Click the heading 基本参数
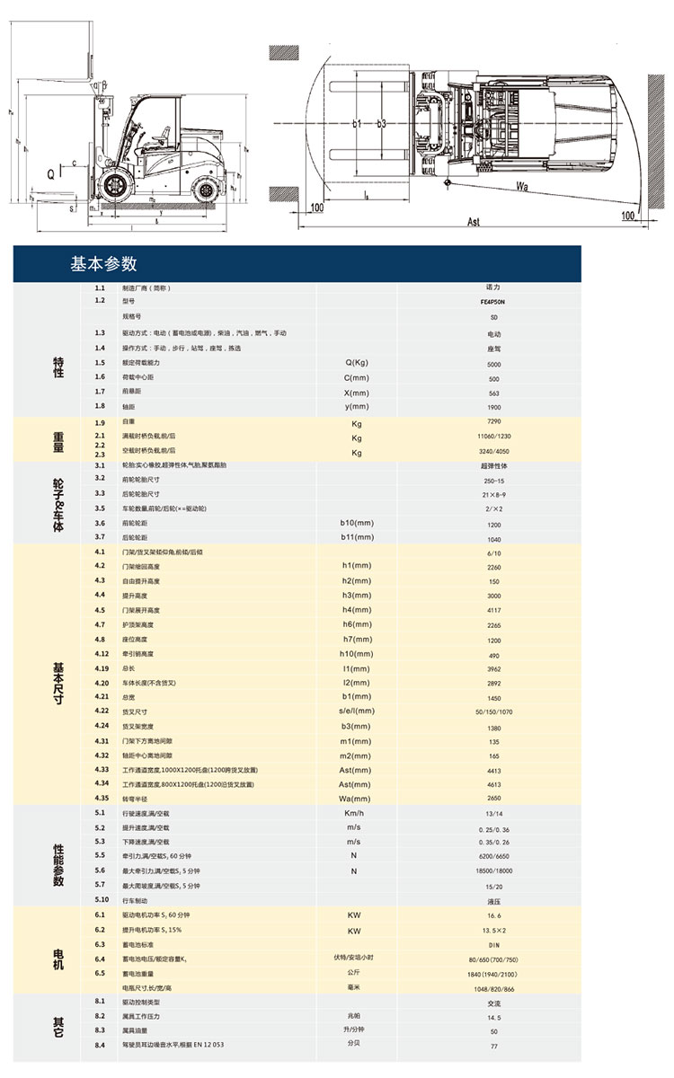(103, 264)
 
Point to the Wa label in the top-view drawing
(523, 186)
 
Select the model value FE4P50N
(492, 303)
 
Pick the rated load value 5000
(492, 364)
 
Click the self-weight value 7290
(492, 421)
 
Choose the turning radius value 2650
(492, 799)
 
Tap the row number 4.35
(102, 799)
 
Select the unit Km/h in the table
(354, 813)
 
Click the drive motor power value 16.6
(492, 915)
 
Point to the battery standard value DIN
(492, 945)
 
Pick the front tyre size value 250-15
(492, 480)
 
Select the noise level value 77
(492, 1047)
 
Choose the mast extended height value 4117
(492, 610)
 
